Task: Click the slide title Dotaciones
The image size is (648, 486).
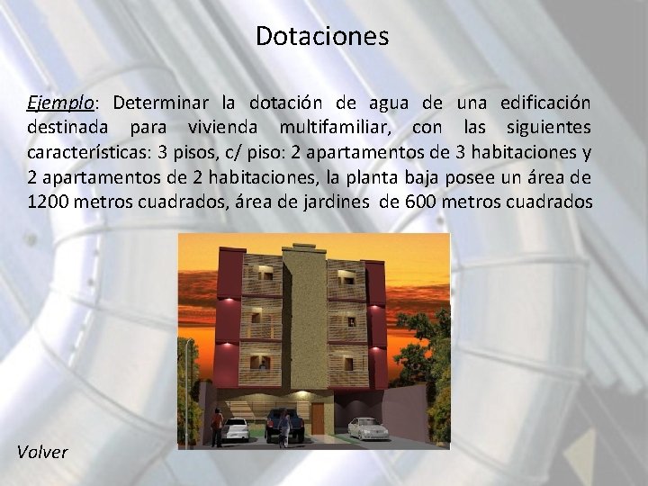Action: [322, 36]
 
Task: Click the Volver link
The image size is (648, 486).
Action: [41, 451]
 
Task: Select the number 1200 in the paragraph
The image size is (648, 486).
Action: [48, 202]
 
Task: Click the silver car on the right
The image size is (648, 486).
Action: [367, 428]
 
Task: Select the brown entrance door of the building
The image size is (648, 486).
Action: [318, 417]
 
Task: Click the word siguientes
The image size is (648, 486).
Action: [547, 127]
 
